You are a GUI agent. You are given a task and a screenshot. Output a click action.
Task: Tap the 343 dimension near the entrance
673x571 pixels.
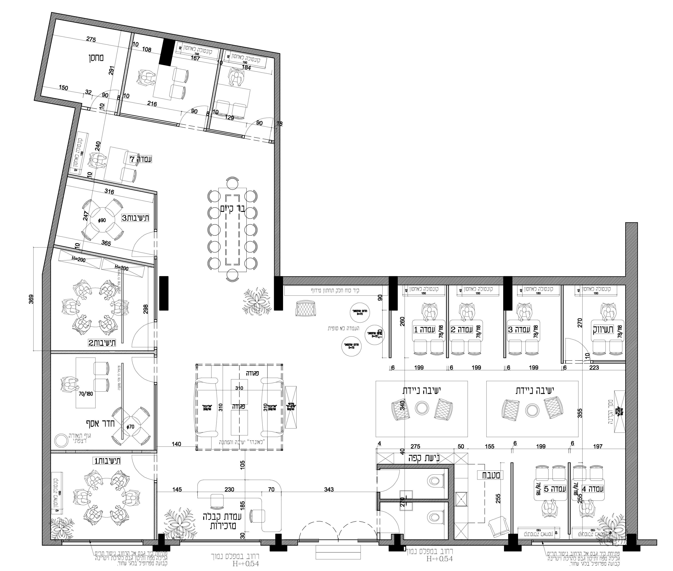pos(329,489)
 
